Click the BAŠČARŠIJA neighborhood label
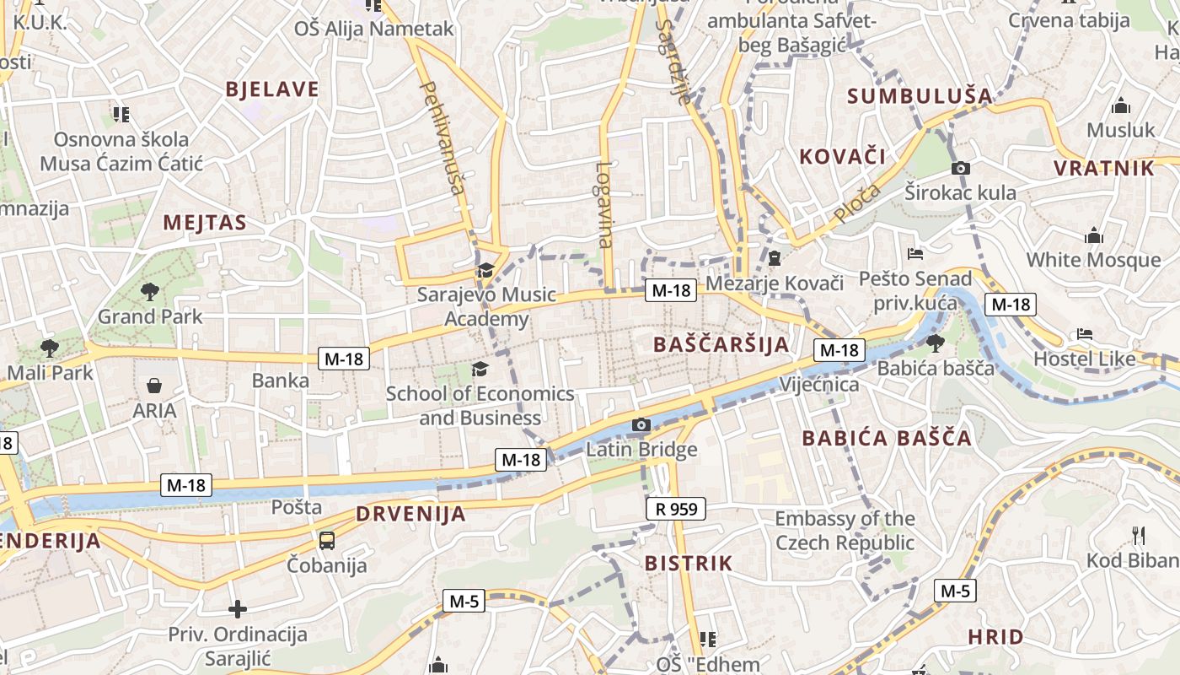pyautogui.click(x=721, y=344)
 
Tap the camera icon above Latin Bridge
pyautogui.click(x=641, y=424)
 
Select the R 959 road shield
pyautogui.click(x=676, y=509)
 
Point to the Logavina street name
pyautogui.click(x=603, y=205)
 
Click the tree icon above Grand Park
pyautogui.click(x=150, y=292)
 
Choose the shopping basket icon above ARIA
pyautogui.click(x=154, y=386)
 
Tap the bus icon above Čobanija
pyautogui.click(x=326, y=540)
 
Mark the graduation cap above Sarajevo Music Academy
pyautogui.click(x=485, y=270)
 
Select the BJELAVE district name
pyautogui.click(x=272, y=89)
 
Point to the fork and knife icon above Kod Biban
pyautogui.click(x=1139, y=535)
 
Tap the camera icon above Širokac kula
pyautogui.click(x=960, y=168)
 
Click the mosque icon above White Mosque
pyautogui.click(x=1094, y=235)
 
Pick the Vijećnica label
pyautogui.click(x=819, y=385)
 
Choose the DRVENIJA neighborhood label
pyautogui.click(x=410, y=514)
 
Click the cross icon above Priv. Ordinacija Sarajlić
pyautogui.click(x=238, y=608)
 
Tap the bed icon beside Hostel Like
pyautogui.click(x=1086, y=334)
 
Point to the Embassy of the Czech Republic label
pyautogui.click(x=845, y=530)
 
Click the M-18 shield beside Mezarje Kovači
pyautogui.click(x=671, y=291)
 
